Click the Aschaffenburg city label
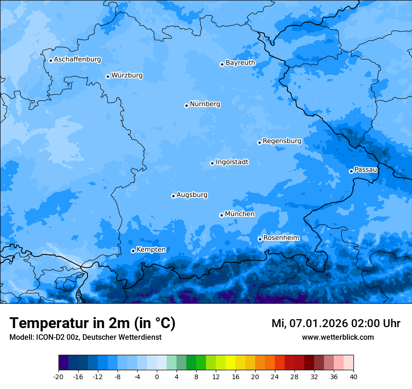(x=77, y=60)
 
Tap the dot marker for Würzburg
(x=108, y=76)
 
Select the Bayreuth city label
(x=240, y=63)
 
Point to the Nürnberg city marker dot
(x=186, y=105)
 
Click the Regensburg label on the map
(x=282, y=141)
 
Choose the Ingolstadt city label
(x=232, y=162)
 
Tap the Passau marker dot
(x=351, y=171)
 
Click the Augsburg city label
(x=192, y=195)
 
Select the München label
(x=240, y=214)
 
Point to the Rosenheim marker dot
(x=260, y=239)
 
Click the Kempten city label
(x=151, y=250)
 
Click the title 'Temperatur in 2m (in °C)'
(x=92, y=323)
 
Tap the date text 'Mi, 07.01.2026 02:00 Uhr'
(x=336, y=323)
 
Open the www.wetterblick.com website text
(x=338, y=337)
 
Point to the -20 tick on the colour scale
(x=59, y=376)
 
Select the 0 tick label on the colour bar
(x=157, y=376)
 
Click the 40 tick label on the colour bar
(x=353, y=376)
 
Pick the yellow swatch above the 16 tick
(x=230, y=363)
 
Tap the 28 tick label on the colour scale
(x=294, y=376)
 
